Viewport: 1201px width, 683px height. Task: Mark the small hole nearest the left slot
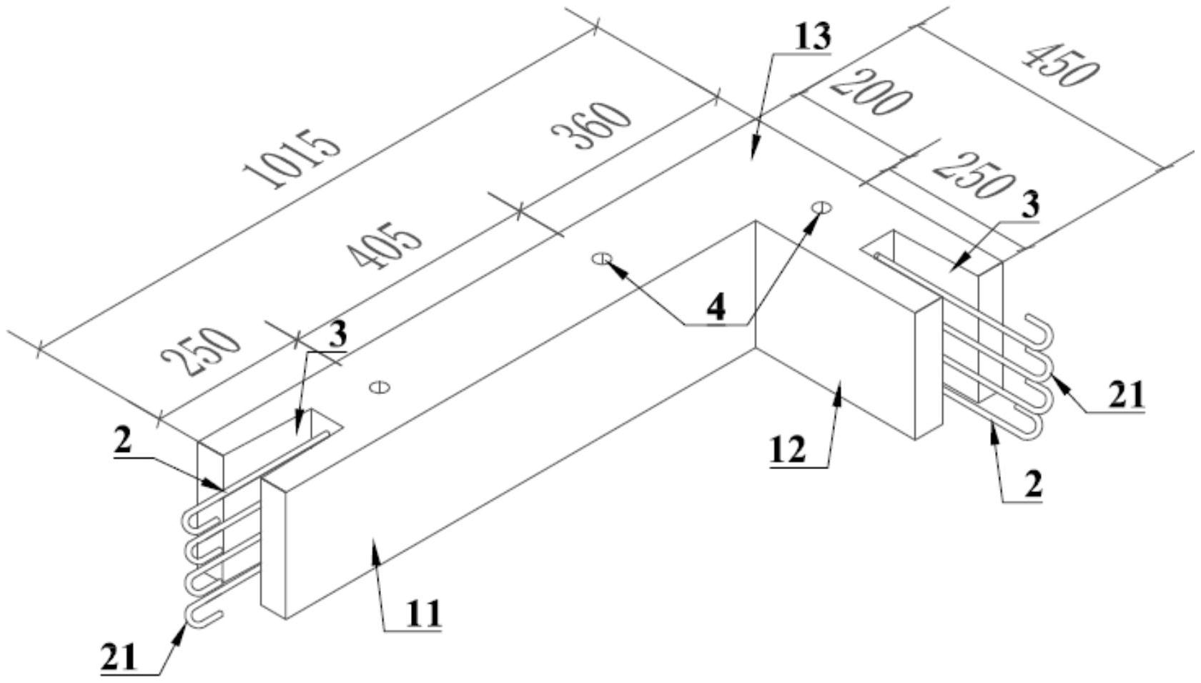tap(380, 386)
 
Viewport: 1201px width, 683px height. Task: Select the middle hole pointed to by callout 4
tap(602, 259)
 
